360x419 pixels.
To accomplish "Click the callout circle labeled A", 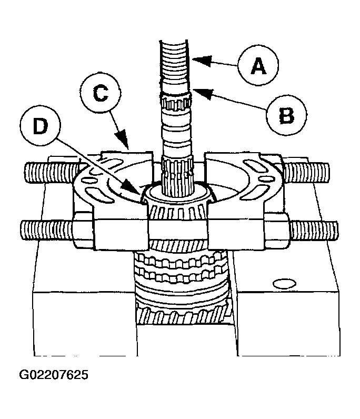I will click(x=257, y=66).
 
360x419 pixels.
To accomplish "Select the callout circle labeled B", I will click(x=286, y=115).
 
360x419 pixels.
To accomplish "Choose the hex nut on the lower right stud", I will click(x=276, y=231).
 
